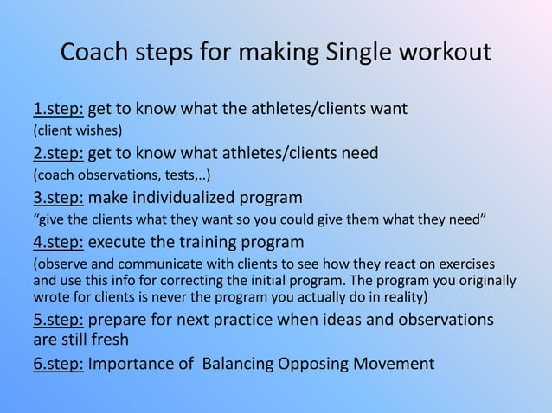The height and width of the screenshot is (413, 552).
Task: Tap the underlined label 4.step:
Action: click(x=58, y=240)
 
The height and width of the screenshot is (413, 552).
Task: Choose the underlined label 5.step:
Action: click(x=58, y=320)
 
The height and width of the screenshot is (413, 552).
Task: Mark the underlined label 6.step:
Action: click(x=58, y=363)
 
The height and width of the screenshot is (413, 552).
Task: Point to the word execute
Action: click(x=121, y=240)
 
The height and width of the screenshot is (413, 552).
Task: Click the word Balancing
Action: click(x=241, y=363)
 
